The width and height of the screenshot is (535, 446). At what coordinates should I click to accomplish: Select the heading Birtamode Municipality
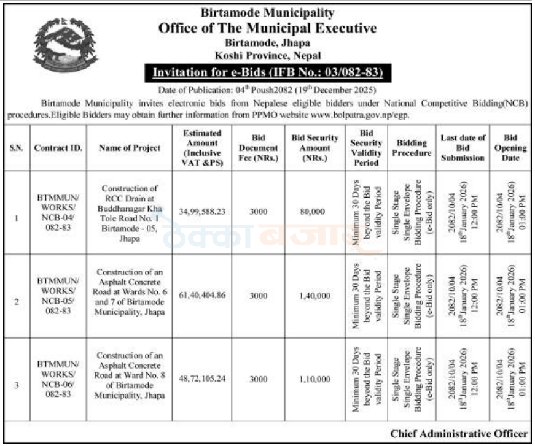click(267, 12)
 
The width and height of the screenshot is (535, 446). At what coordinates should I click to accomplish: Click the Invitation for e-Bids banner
click(267, 74)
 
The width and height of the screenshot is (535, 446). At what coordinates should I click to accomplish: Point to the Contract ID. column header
click(55, 148)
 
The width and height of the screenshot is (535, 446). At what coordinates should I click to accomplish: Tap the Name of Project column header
click(130, 148)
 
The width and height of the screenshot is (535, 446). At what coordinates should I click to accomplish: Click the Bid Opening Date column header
click(510, 148)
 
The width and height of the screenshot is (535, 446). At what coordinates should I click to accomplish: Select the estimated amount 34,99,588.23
click(202, 211)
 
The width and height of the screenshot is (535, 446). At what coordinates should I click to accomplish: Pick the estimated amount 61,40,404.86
click(202, 296)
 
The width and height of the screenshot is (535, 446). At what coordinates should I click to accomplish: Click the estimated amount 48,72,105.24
click(202, 379)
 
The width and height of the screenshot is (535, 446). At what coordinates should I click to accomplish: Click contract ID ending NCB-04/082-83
click(57, 212)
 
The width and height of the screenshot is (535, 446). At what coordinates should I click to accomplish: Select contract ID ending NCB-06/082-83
click(57, 379)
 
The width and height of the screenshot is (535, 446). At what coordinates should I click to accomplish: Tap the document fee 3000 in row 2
click(259, 296)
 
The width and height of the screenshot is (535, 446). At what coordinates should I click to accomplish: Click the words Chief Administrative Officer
click(459, 434)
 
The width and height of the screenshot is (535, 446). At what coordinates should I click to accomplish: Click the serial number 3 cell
click(17, 385)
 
